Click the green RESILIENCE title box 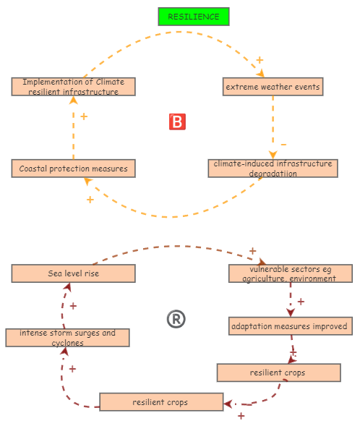[x=193, y=17]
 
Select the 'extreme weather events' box [x=273, y=87]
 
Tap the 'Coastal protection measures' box [x=73, y=169]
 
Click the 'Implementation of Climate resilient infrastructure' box [x=73, y=87]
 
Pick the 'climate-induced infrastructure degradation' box [x=273, y=169]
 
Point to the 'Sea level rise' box [x=73, y=273]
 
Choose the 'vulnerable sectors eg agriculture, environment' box [x=290, y=273]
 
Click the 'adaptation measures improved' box [x=290, y=326]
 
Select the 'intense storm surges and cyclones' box [x=67, y=338]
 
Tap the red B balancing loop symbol [x=177, y=122]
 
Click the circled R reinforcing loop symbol [x=176, y=319]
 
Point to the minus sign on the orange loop [x=283, y=144]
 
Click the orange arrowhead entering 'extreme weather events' [x=260, y=73]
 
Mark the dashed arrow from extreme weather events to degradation [x=273, y=123]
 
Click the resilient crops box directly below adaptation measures [x=278, y=373]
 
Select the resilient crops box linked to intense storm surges [x=160, y=402]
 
